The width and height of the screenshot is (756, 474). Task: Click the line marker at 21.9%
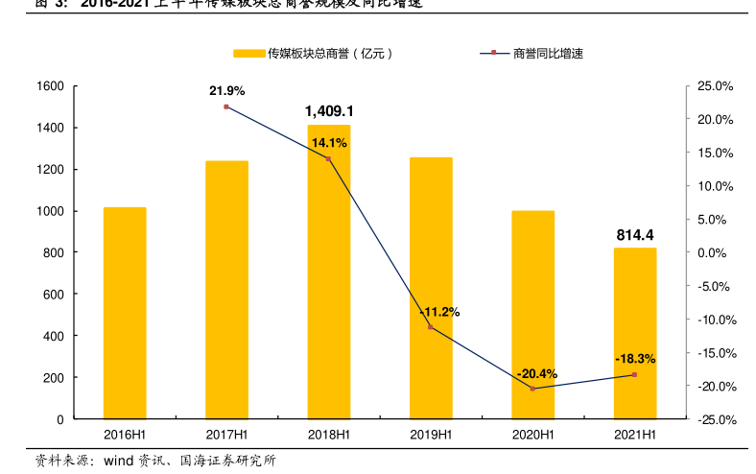pos(226,107)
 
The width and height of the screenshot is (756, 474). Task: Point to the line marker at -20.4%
pos(532,389)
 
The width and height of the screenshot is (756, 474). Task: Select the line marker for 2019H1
pos(431,327)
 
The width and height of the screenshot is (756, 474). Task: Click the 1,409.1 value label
pos(329,111)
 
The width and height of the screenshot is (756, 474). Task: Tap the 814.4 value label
pos(635,235)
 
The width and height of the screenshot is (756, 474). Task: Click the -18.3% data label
pos(635,359)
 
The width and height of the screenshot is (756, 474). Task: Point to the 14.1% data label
pos(329,143)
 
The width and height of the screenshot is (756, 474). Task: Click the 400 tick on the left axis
pos(55,336)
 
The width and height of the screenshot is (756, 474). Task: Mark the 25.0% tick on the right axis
pos(716,86)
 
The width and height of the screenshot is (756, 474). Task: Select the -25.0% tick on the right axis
pos(715,419)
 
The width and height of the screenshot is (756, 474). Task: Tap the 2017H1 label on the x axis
pos(226,435)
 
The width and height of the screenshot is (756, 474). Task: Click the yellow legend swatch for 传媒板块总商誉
pos(248,54)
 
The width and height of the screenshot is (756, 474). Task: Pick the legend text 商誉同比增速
pos(548,54)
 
